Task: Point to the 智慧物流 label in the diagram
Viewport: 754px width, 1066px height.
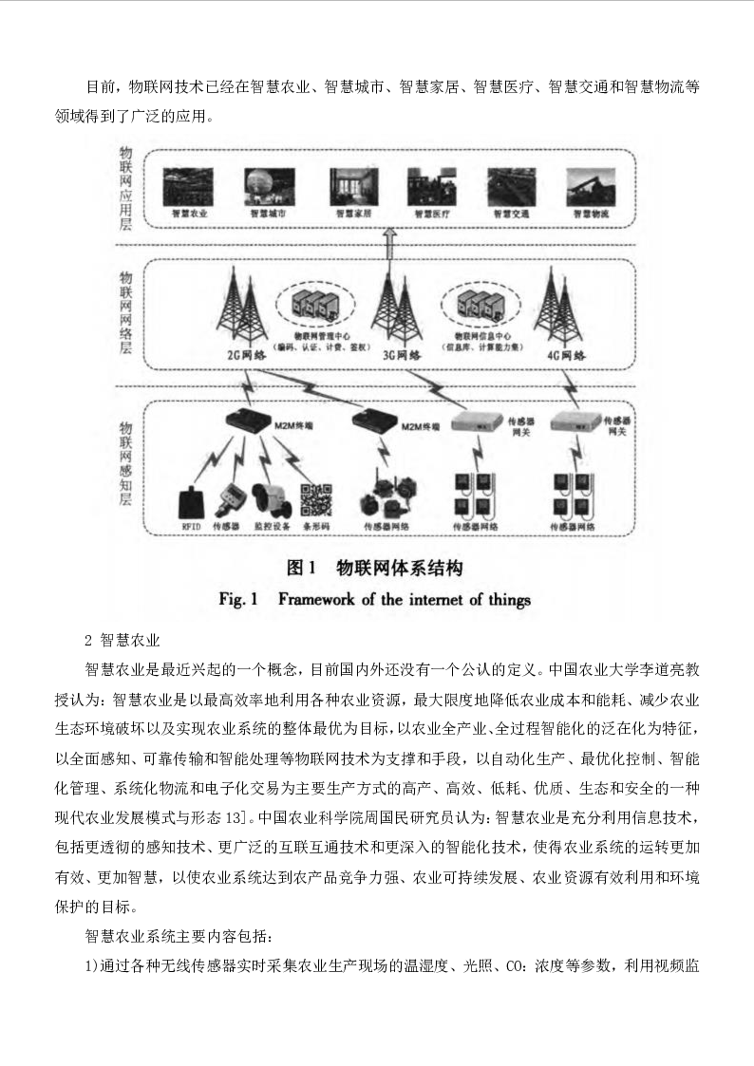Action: [x=590, y=215]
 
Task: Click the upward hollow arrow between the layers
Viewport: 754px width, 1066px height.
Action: [x=386, y=247]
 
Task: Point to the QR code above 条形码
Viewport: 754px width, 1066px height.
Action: [x=317, y=498]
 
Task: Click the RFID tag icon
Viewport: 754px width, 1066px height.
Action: [x=191, y=500]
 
